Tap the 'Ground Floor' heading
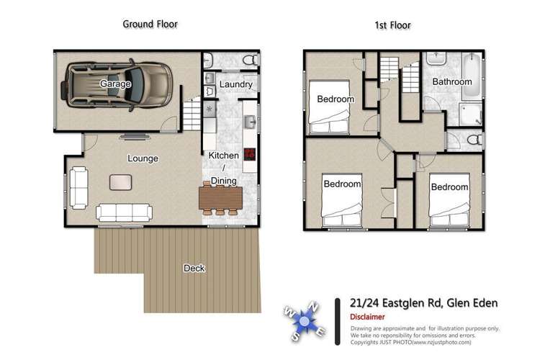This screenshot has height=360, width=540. pyautogui.click(x=150, y=24)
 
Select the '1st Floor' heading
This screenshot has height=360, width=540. pyautogui.click(x=392, y=25)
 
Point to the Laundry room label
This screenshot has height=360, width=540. pyautogui.click(x=235, y=85)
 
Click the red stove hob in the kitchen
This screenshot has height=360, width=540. pyautogui.click(x=250, y=153)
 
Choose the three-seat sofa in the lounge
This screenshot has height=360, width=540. pyautogui.click(x=124, y=212)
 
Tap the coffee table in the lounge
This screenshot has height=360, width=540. pyautogui.click(x=120, y=182)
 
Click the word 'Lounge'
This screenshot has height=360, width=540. pyautogui.click(x=143, y=158)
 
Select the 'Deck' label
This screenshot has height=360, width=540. pyautogui.click(x=194, y=269)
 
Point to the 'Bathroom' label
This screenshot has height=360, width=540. pyautogui.click(x=451, y=82)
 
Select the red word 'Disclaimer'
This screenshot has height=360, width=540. pyautogui.click(x=367, y=317)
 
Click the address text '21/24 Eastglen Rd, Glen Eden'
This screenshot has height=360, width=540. pyautogui.click(x=413, y=303)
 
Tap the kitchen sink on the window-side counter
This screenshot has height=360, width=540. pyautogui.click(x=250, y=122)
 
